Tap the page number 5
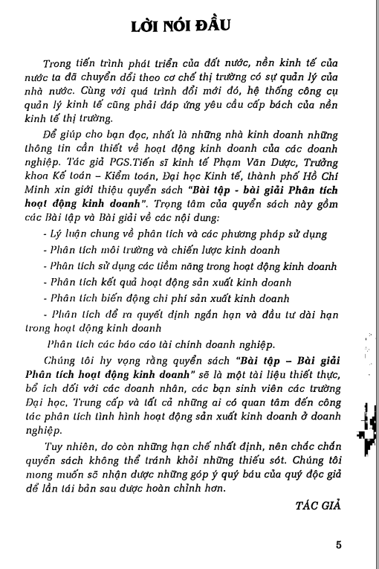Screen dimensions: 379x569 pyautogui.click(x=338, y=544)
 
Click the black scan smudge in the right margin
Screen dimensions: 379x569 pyautogui.click(x=366, y=424)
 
